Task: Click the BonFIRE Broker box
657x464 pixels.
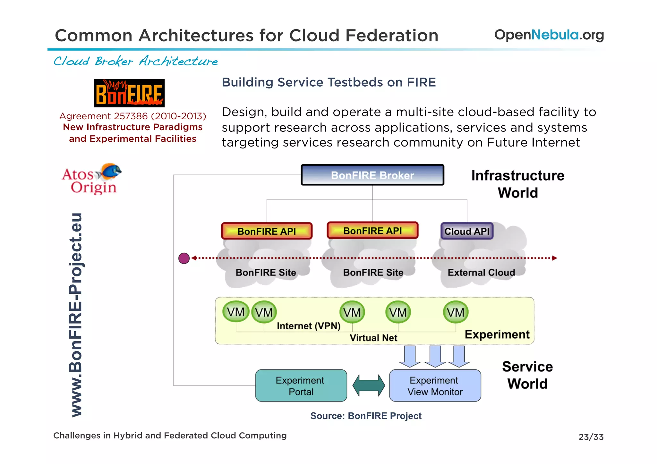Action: (x=372, y=175)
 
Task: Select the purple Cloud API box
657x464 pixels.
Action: (x=467, y=231)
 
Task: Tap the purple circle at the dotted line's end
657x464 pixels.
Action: (x=184, y=258)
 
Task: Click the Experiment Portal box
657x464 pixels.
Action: (x=301, y=386)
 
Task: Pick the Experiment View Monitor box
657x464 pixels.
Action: (x=435, y=386)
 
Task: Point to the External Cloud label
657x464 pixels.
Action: (x=481, y=273)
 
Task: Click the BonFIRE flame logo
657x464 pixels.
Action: (x=129, y=93)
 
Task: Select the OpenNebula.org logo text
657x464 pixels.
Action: (x=549, y=35)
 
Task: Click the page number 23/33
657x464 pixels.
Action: (x=591, y=437)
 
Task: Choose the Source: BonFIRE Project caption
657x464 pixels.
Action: (x=366, y=416)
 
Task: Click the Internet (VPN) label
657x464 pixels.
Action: (x=308, y=326)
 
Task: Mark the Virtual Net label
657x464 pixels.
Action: (x=373, y=338)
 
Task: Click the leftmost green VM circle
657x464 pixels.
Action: (x=236, y=312)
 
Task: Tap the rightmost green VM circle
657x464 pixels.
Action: (x=456, y=312)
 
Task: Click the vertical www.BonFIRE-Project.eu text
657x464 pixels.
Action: (x=76, y=315)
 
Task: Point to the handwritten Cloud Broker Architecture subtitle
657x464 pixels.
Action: (x=136, y=61)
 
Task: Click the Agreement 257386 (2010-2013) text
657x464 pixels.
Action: (x=133, y=116)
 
